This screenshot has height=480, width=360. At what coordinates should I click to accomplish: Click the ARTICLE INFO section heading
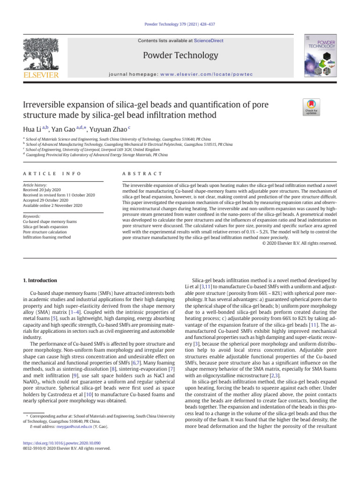coord(52,174)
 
